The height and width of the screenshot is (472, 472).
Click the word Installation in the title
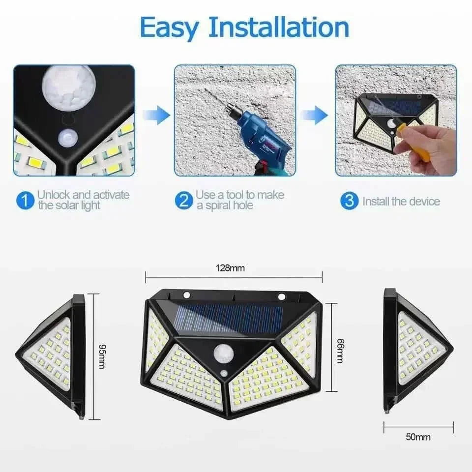tap(278, 28)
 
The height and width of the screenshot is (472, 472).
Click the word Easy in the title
tap(170, 28)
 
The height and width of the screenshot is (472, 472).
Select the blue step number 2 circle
tap(183, 201)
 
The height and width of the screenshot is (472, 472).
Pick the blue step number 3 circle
tap(349, 201)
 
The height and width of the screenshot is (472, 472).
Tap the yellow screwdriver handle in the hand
tap(418, 147)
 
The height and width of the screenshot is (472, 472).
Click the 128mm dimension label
tap(230, 268)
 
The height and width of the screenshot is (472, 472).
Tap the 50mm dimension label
tap(419, 437)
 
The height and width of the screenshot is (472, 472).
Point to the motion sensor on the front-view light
tap(224, 353)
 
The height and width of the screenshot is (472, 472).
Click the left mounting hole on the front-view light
tap(187, 295)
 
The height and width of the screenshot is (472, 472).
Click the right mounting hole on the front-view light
tap(282, 296)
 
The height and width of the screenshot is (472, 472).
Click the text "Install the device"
tap(401, 201)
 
